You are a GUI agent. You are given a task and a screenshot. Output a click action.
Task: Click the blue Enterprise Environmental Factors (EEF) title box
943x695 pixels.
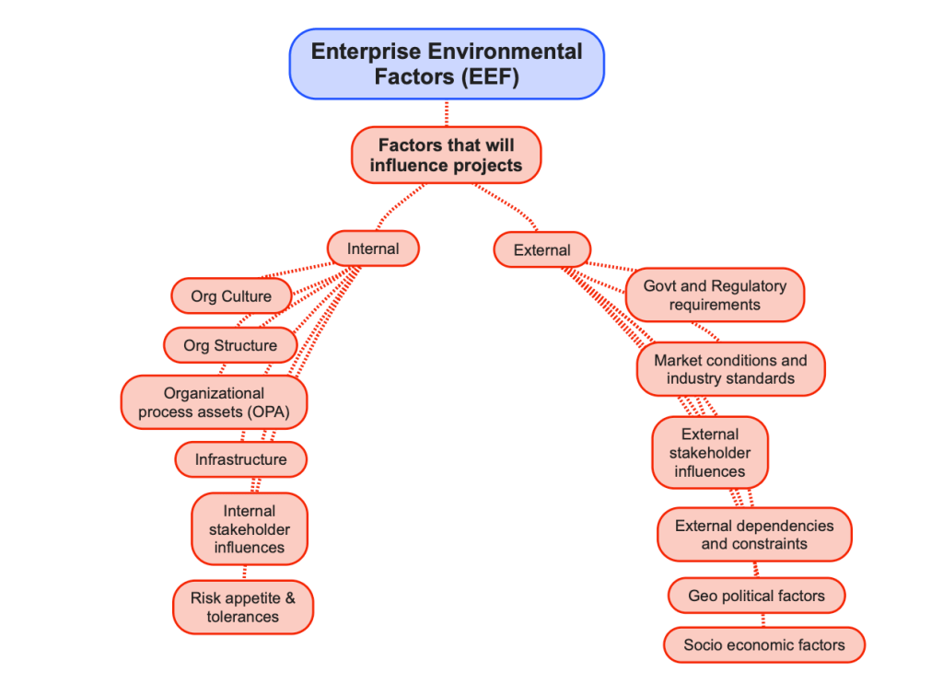pos(447,64)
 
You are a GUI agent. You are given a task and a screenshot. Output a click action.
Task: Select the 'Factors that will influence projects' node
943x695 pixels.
pos(447,155)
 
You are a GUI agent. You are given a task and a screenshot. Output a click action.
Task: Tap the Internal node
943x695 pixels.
pos(373,249)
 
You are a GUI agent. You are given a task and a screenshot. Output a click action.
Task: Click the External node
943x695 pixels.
pos(541,249)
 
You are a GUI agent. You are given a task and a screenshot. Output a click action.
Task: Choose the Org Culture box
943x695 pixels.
pos(231,296)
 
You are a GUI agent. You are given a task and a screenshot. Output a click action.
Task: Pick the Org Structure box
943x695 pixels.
pos(230,346)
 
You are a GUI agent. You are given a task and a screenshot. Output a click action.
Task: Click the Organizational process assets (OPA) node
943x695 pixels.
pos(214,402)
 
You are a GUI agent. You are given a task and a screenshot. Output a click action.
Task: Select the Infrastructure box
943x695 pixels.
pos(240,459)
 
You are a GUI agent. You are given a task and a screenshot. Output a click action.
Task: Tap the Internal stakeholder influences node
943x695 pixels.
pos(249,528)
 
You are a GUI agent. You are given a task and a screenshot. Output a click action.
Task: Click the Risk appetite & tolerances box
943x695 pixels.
pos(243,608)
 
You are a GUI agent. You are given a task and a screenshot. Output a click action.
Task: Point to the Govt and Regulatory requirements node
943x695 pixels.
pos(715,295)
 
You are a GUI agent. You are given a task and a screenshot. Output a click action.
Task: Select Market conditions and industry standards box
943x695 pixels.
pos(730,369)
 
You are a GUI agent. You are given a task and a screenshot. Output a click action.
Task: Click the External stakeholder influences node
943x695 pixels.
pos(709,453)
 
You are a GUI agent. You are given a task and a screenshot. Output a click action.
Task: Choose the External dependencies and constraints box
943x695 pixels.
pos(754,534)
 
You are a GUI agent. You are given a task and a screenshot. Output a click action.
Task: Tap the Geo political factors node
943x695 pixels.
pos(756,596)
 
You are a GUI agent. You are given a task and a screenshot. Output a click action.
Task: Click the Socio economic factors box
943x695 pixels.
pos(763,644)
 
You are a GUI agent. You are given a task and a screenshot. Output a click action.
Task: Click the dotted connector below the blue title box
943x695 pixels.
pos(447,113)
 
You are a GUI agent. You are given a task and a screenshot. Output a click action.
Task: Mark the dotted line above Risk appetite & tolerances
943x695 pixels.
pos(244,572)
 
